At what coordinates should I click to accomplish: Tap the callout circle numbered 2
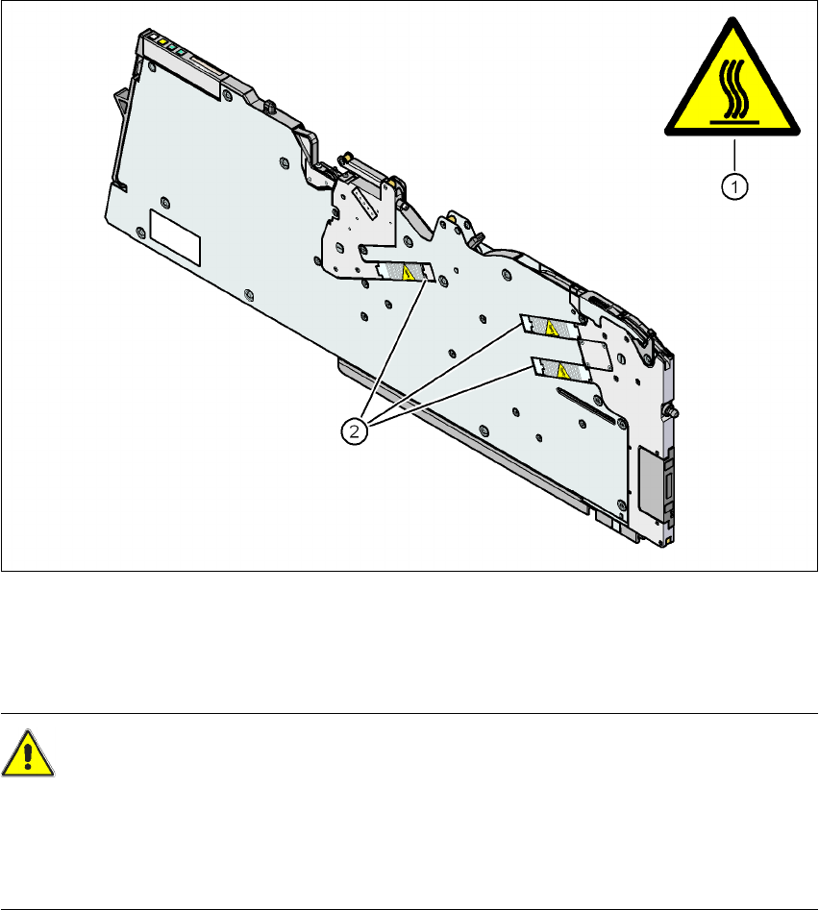coord(356,432)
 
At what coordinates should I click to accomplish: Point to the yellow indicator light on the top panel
coord(164,43)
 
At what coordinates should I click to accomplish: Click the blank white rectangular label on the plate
coord(174,236)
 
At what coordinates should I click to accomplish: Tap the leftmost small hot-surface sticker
coord(402,274)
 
